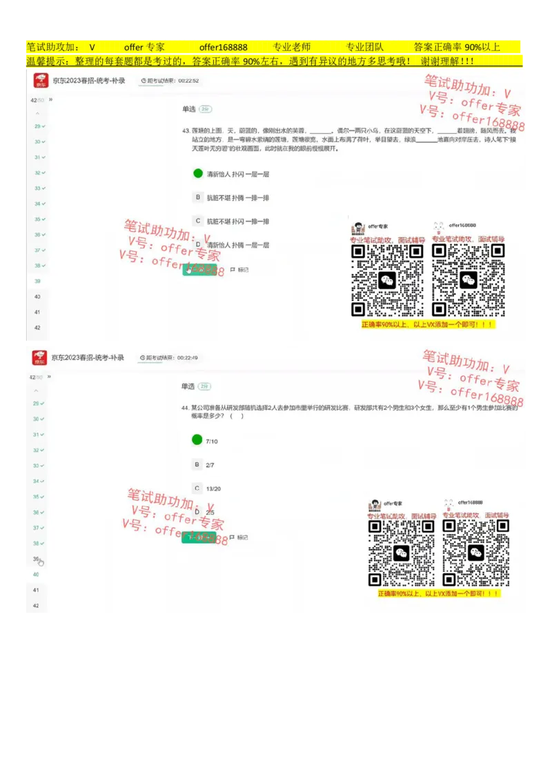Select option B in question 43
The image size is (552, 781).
(x=198, y=197)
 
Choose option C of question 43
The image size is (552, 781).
(x=198, y=221)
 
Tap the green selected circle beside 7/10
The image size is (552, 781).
(x=197, y=440)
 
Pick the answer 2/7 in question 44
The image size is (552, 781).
(x=197, y=465)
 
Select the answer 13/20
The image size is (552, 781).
(x=197, y=488)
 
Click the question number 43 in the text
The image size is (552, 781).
(x=186, y=130)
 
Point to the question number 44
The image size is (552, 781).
(x=185, y=408)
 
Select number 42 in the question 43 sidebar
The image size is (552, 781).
(x=37, y=328)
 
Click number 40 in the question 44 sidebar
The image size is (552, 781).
(x=37, y=574)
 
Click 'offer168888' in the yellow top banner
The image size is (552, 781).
(x=223, y=47)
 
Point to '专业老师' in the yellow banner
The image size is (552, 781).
(x=292, y=47)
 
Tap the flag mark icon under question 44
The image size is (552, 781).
(x=233, y=537)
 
